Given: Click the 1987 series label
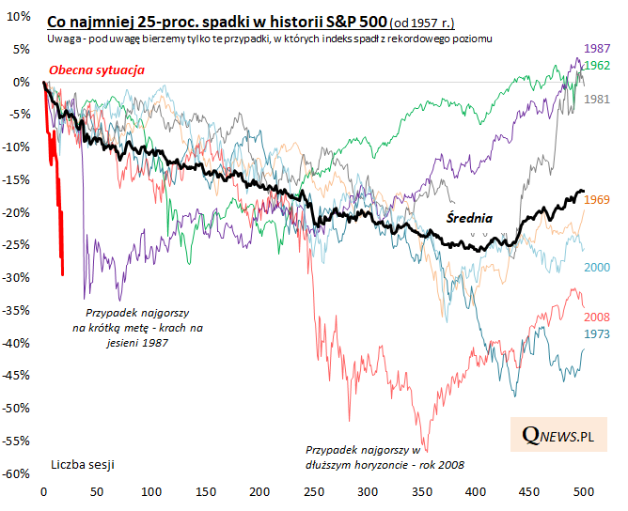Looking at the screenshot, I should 597,48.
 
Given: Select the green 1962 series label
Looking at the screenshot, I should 597,65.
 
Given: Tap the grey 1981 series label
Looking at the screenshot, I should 597,99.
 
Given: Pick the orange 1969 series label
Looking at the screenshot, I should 597,199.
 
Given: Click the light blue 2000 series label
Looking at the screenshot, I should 597,267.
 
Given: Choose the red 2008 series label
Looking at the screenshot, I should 597,317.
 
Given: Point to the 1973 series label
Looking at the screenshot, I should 597,333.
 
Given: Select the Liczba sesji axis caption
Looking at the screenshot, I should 85,464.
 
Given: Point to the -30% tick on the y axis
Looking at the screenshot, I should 17,278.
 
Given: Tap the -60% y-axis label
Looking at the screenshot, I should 17,473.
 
